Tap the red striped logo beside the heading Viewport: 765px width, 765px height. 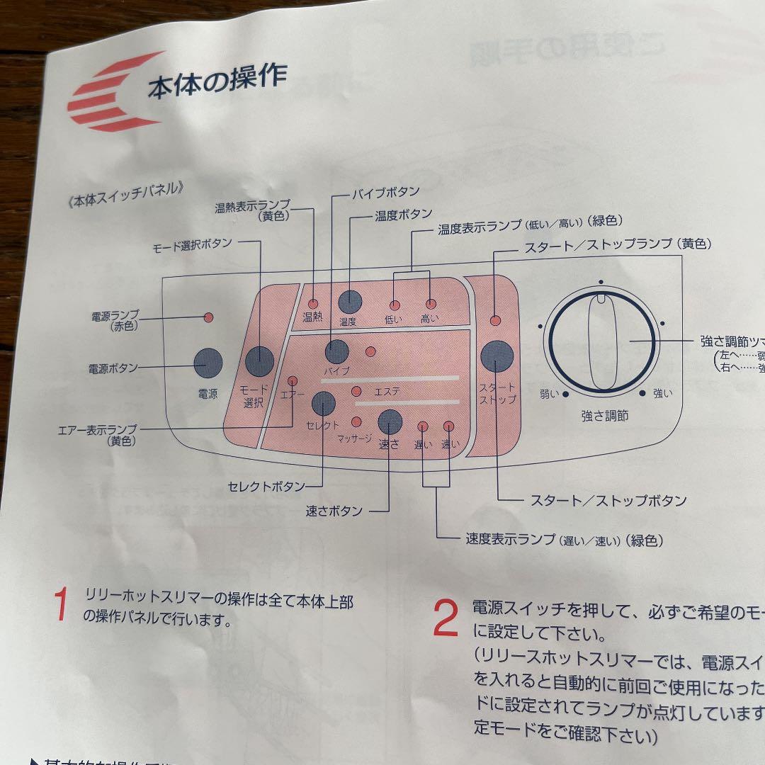click(x=115, y=93)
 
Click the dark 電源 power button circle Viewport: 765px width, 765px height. click(x=208, y=363)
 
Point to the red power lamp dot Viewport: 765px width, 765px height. click(x=208, y=317)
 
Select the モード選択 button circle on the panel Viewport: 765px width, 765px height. click(x=259, y=361)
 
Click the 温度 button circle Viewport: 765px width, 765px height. click(x=349, y=301)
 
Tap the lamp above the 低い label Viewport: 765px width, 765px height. click(x=394, y=305)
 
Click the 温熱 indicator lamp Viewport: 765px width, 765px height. click(x=312, y=303)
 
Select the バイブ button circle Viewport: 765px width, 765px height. click(x=337, y=351)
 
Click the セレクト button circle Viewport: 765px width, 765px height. click(x=323, y=403)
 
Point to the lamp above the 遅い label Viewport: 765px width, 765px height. click(x=423, y=426)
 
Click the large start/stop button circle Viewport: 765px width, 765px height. click(x=497, y=356)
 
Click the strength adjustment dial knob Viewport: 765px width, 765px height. click(x=601, y=341)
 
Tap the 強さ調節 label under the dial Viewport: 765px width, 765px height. click(x=603, y=416)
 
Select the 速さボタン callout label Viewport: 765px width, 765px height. click(x=334, y=511)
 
